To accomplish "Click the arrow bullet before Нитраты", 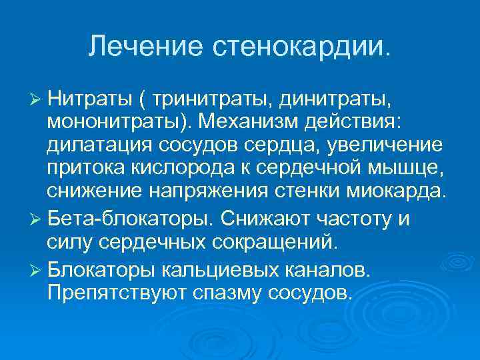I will pos(37,100).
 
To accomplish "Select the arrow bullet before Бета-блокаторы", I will pos(37,220).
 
